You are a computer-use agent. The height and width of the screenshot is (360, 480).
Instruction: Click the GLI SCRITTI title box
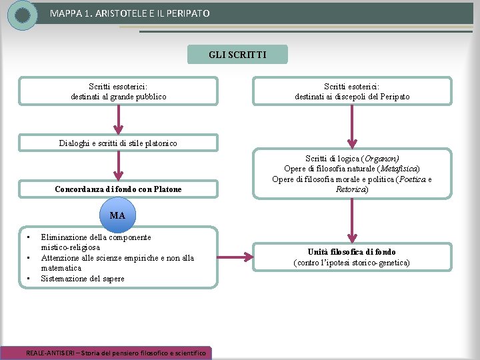pos(237,54)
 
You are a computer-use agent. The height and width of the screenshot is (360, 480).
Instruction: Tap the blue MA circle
pos(117,215)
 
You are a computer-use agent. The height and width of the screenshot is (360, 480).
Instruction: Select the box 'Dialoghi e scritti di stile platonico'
pos(118,143)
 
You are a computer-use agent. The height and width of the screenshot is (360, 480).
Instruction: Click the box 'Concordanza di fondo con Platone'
pos(118,189)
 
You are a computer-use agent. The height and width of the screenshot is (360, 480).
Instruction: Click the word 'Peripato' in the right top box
pos(395,97)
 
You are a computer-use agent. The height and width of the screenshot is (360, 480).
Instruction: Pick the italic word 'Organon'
pos(381,159)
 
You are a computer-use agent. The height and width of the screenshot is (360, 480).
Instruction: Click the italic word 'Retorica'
pos(351,189)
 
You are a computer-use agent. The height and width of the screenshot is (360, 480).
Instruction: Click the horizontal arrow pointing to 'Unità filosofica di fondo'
pos(235,257)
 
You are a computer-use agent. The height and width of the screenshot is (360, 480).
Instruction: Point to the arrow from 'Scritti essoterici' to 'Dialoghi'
pos(118,119)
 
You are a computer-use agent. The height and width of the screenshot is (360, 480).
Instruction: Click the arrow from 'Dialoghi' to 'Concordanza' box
pos(118,165)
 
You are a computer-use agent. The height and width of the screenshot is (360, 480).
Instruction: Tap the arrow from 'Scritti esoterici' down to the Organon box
pos(352,127)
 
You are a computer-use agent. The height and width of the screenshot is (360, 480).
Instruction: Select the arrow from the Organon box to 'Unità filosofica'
pos(352,221)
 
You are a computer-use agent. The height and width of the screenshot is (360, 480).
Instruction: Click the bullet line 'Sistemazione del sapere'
pos(83,279)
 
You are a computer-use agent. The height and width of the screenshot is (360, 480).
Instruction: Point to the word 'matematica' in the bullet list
pos(61,268)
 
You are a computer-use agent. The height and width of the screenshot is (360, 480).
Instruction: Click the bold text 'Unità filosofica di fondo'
pos(352,252)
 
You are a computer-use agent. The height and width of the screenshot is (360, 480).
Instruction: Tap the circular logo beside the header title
pos(23,15)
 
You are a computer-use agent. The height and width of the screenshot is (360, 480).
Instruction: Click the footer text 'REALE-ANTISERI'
pos(50,353)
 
